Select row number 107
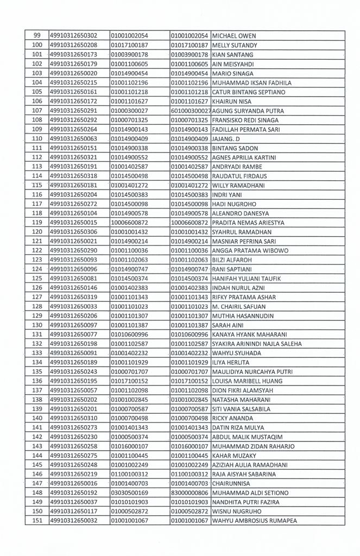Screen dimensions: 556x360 click(37, 111)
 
